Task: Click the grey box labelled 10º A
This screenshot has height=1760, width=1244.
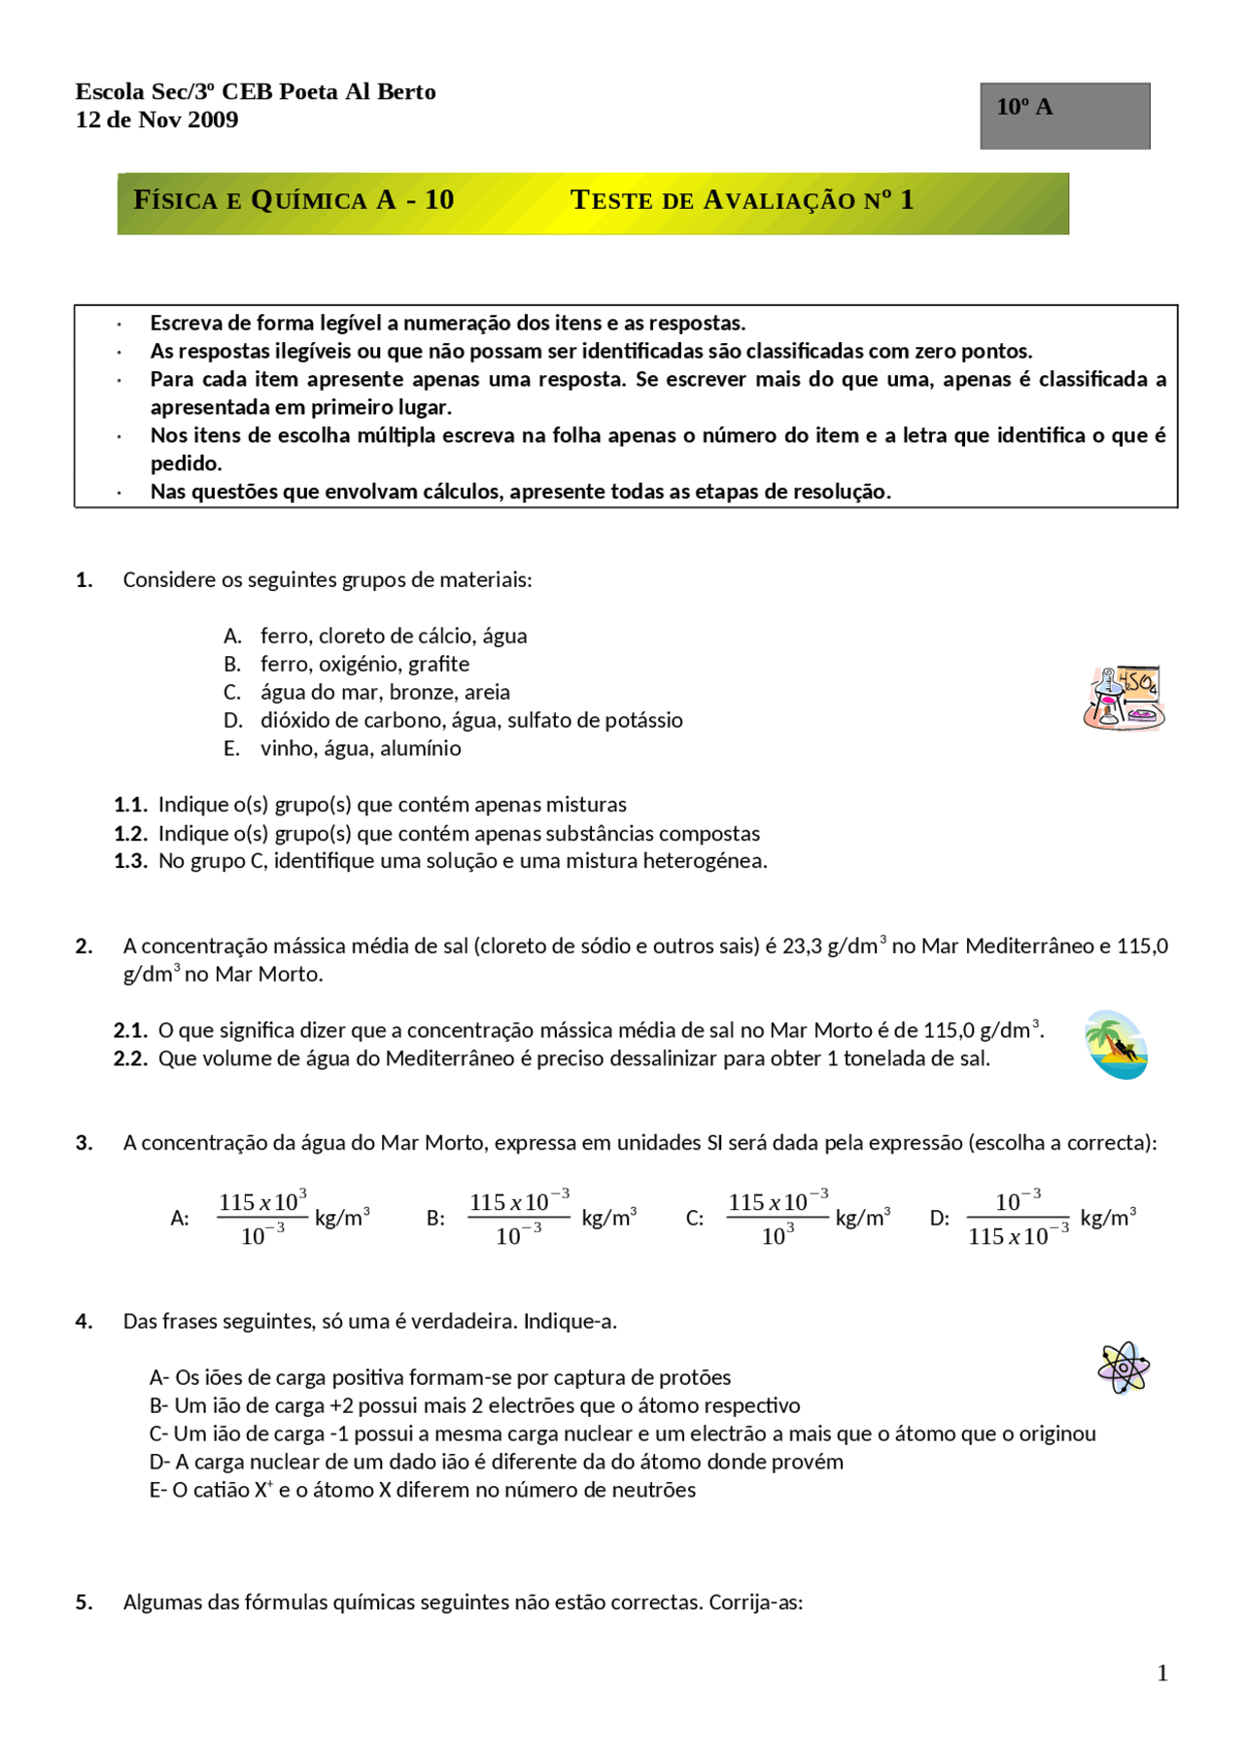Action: [x=1064, y=116]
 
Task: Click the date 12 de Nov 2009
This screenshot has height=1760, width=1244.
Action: [x=156, y=120]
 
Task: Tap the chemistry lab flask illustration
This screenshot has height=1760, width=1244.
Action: [x=1123, y=698]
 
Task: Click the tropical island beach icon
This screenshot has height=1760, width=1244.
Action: [x=1116, y=1045]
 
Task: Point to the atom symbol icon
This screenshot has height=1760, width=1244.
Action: [x=1123, y=1367]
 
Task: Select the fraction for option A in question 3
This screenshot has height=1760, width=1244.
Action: [x=262, y=1218]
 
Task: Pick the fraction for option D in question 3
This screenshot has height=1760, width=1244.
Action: [x=1018, y=1218]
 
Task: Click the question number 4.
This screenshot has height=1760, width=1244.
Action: [x=84, y=1321]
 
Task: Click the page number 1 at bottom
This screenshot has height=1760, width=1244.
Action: [x=1162, y=1673]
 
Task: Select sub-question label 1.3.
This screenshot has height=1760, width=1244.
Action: [x=130, y=861]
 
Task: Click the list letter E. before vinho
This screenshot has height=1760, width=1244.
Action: [x=231, y=748]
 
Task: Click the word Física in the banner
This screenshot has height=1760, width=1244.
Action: [x=175, y=200]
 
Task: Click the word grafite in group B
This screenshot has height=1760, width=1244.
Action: [x=438, y=664]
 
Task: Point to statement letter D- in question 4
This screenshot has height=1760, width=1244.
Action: [x=159, y=1462]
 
